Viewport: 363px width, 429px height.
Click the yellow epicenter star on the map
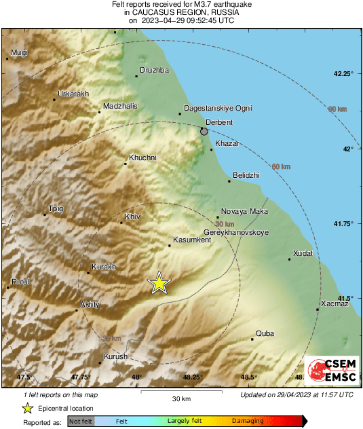[x=159, y=283]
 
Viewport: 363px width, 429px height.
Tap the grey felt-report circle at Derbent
[x=205, y=131]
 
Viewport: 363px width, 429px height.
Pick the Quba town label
[x=264, y=333]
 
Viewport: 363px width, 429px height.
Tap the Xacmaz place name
[x=335, y=303]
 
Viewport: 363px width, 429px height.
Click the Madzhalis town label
[x=120, y=106]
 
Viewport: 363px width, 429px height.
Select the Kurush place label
[x=115, y=356]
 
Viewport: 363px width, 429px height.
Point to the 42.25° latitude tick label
[x=344, y=73]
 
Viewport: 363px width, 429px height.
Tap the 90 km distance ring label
[x=337, y=109]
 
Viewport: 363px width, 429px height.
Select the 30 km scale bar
[x=181, y=392]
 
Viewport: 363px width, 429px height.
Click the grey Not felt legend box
[x=81, y=422]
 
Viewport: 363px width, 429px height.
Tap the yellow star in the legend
[x=27, y=408]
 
